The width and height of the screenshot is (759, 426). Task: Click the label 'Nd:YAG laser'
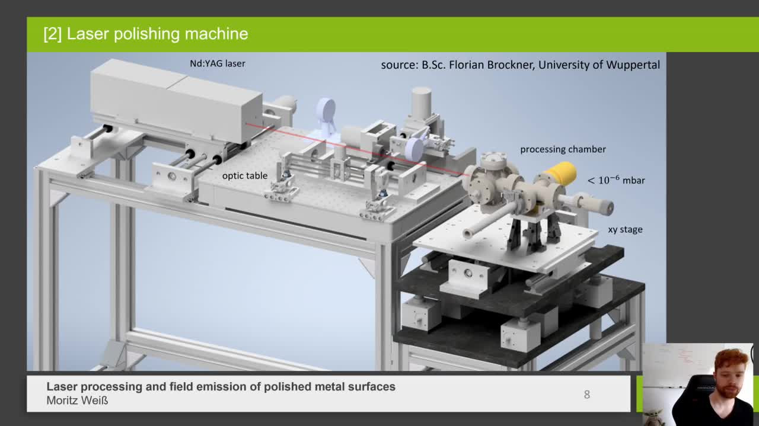pos(217,63)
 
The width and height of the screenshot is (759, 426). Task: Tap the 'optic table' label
pos(244,176)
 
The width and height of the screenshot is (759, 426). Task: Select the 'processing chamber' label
pos(563,149)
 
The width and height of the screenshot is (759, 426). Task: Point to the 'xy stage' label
pos(625,229)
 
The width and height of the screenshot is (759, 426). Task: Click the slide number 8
pos(586,395)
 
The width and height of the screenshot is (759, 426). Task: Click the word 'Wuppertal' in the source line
pos(633,65)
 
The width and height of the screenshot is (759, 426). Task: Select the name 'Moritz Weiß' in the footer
pos(77,401)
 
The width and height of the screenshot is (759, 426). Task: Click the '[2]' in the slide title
pos(53,34)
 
